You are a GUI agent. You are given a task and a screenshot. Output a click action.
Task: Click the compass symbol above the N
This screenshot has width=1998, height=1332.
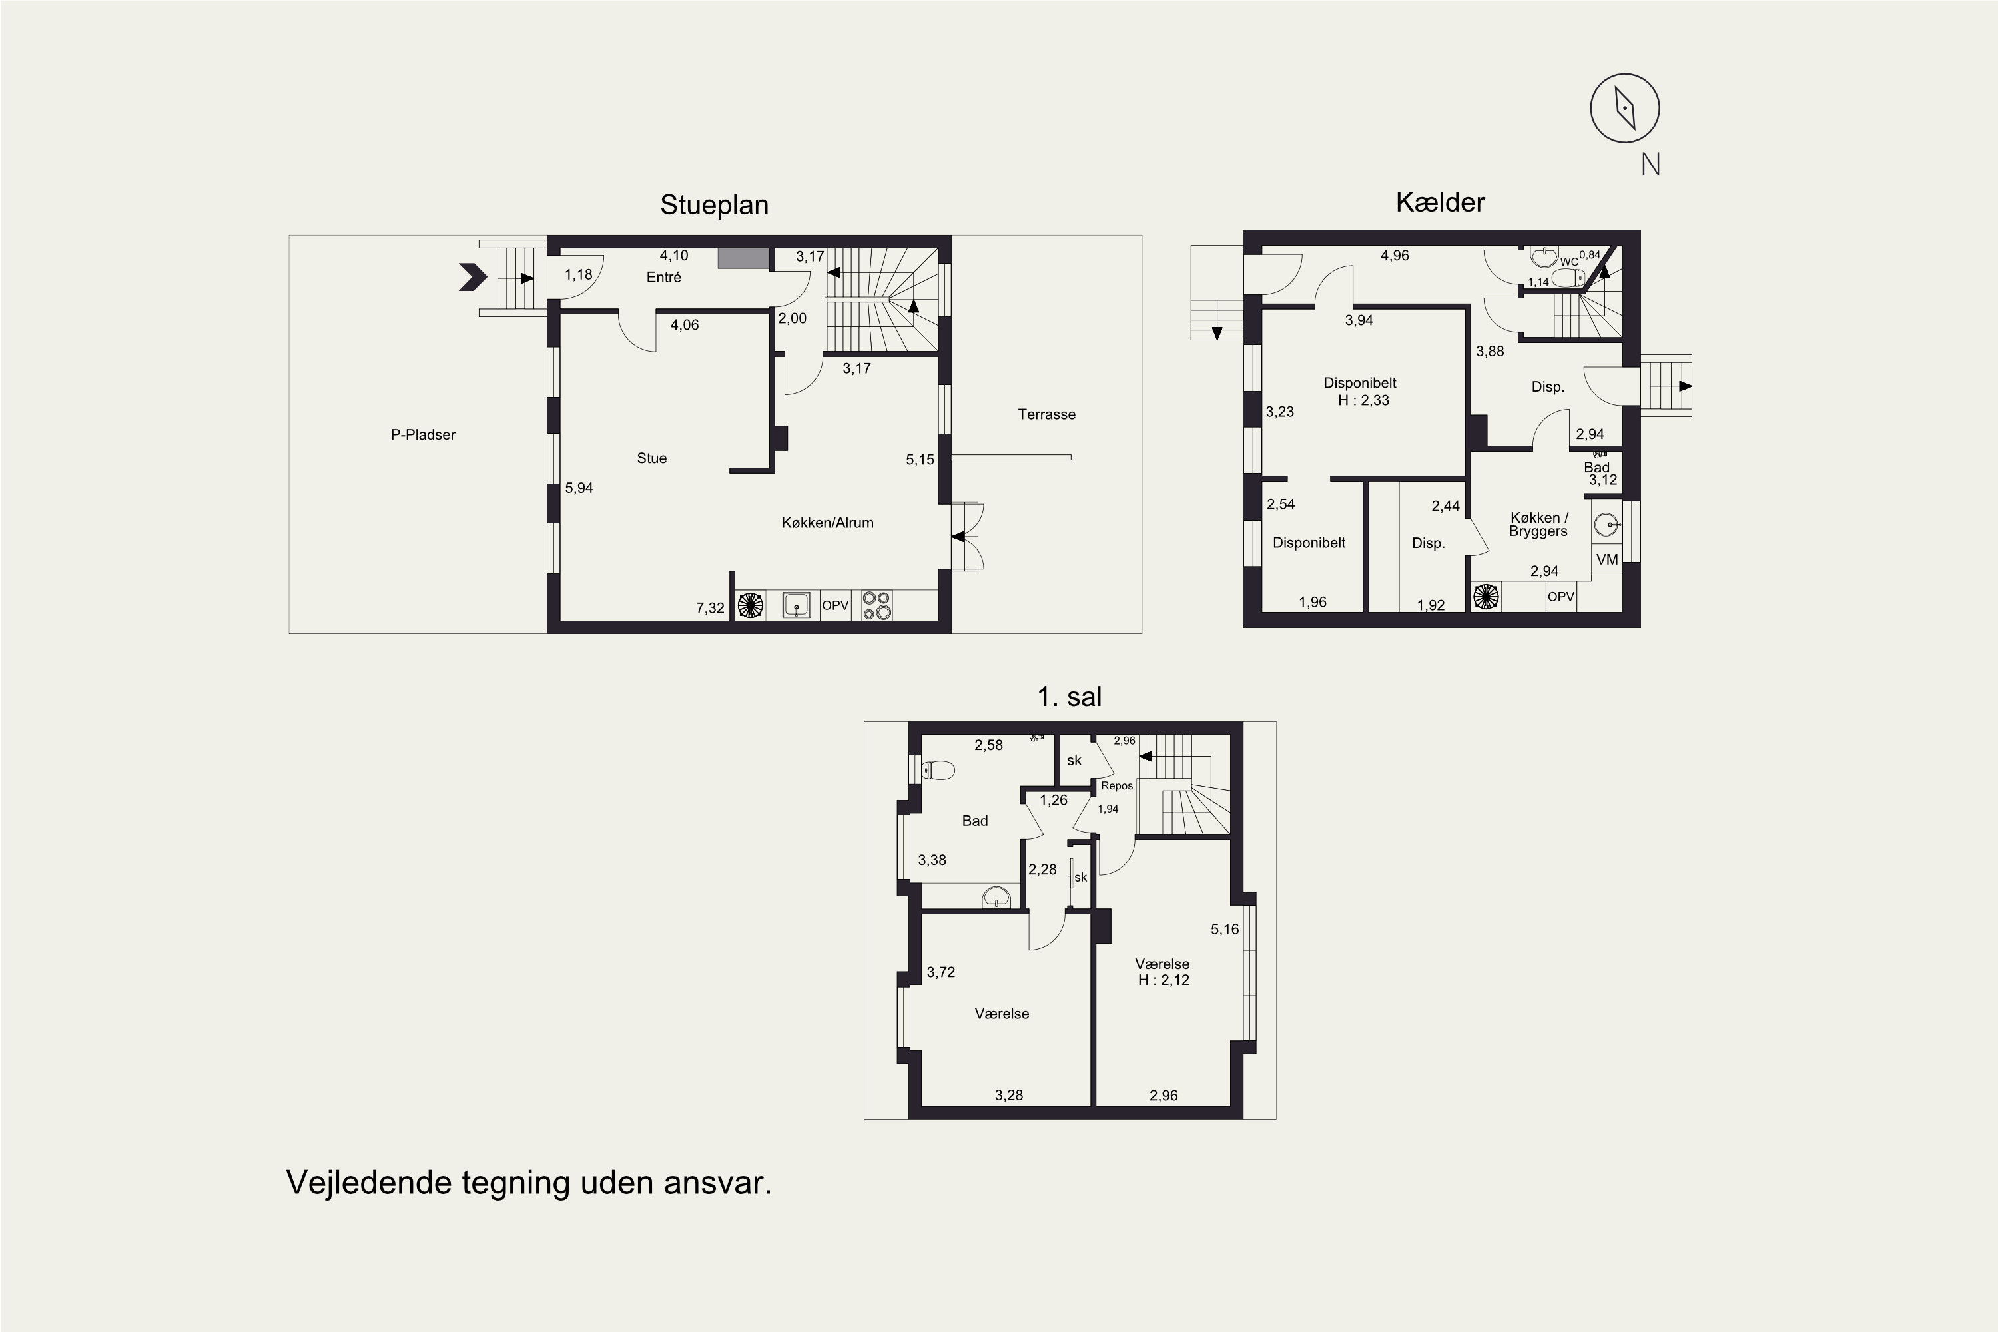pos(1624,108)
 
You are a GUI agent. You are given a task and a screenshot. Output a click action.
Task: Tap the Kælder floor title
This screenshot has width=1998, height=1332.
pos(1440,202)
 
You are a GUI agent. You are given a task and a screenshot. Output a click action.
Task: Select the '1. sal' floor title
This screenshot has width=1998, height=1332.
pos(1069,697)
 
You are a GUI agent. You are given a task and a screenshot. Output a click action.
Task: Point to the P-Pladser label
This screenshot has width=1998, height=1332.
pos(423,434)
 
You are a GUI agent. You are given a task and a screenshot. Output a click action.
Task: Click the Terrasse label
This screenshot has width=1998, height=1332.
pos(1046,414)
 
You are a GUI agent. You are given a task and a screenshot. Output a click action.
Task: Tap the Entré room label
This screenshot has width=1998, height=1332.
pos(663,277)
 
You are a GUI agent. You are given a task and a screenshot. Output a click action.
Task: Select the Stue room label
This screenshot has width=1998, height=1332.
pos(651,458)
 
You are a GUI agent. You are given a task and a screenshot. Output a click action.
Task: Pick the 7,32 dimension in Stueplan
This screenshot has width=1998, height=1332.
pos(710,608)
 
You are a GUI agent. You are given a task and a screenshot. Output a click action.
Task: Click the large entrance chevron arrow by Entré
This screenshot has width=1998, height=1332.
pos(472,277)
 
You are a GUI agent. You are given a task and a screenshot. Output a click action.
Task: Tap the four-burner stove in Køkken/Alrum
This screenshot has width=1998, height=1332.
pos(876,605)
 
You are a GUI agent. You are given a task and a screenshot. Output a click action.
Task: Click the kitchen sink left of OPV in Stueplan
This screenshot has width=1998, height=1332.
pos(796,605)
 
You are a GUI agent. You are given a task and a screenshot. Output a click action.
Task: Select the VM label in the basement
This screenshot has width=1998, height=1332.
pos(1607,559)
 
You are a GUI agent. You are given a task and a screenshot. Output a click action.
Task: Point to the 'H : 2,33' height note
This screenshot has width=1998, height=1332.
pos(1363,400)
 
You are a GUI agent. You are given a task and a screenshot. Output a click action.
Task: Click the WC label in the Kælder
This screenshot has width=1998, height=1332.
pos(1568,262)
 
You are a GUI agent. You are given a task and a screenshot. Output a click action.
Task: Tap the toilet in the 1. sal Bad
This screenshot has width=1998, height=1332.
pos(938,771)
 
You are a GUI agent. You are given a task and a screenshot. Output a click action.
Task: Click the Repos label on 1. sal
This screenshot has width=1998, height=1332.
pos(1117,786)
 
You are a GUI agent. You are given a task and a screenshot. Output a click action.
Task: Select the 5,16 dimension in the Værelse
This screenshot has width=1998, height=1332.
pos(1225,929)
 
